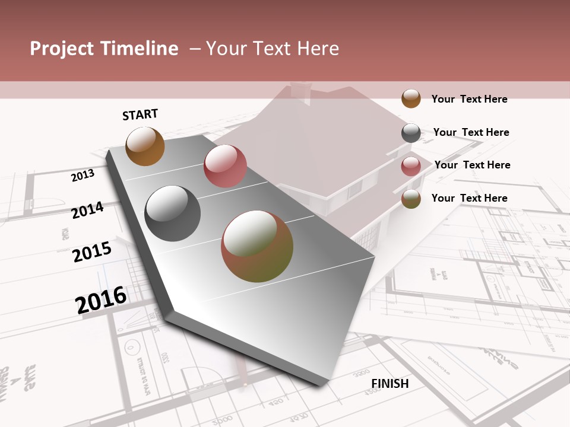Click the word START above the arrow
[x=140, y=114]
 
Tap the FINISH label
[x=390, y=384]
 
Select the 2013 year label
[x=83, y=175]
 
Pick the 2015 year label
[x=92, y=252]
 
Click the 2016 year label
[x=101, y=299]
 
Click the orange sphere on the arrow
[x=145, y=146]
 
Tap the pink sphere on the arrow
[x=225, y=166]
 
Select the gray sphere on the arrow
[x=173, y=213]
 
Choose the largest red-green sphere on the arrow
[x=257, y=246]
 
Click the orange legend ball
[x=411, y=98]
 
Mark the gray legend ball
[x=411, y=133]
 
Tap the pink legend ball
[x=411, y=166]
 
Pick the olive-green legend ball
[x=411, y=199]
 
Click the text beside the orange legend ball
[x=469, y=99]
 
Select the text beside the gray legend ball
[x=471, y=132]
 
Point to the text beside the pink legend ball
[x=472, y=165]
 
